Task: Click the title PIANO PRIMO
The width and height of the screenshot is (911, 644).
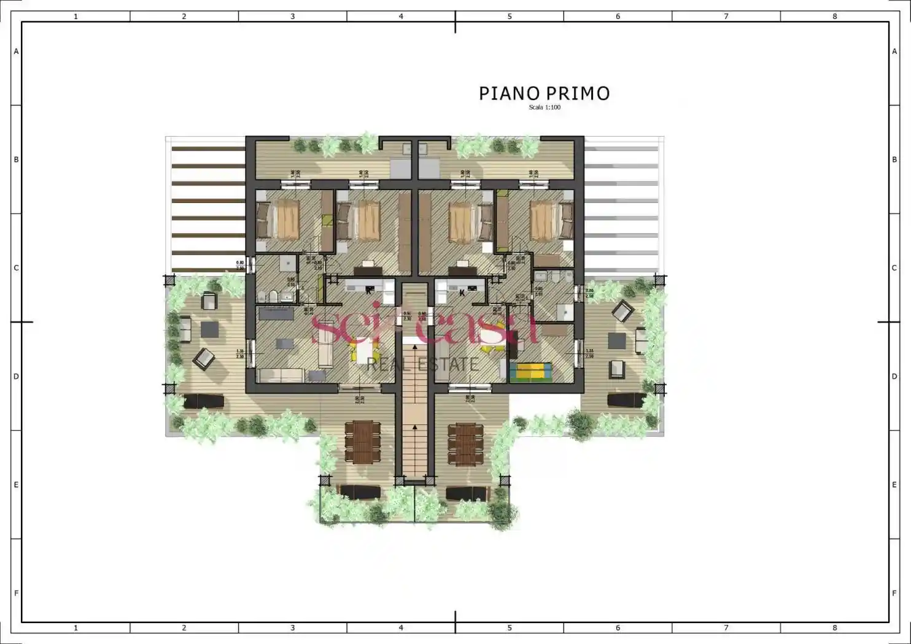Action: (x=544, y=93)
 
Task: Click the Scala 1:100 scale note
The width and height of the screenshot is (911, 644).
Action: (x=545, y=107)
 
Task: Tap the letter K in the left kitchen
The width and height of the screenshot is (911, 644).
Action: (x=369, y=291)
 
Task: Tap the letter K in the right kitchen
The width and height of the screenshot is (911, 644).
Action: (x=462, y=293)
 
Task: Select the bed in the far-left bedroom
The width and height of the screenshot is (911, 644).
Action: (x=279, y=220)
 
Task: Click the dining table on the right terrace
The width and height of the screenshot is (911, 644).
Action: (x=462, y=444)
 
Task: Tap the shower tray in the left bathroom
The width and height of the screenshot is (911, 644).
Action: (x=287, y=264)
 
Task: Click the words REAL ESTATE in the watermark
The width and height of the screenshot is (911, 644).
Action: (x=422, y=365)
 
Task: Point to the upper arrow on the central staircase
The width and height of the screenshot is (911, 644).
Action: (x=416, y=347)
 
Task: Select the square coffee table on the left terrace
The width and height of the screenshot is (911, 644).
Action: (x=210, y=329)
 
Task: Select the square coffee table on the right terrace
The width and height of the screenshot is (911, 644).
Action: (x=616, y=340)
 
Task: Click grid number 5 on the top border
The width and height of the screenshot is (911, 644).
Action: (x=510, y=17)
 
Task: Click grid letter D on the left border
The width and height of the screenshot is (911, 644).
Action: (x=16, y=377)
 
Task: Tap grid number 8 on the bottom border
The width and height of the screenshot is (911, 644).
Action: (x=834, y=627)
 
